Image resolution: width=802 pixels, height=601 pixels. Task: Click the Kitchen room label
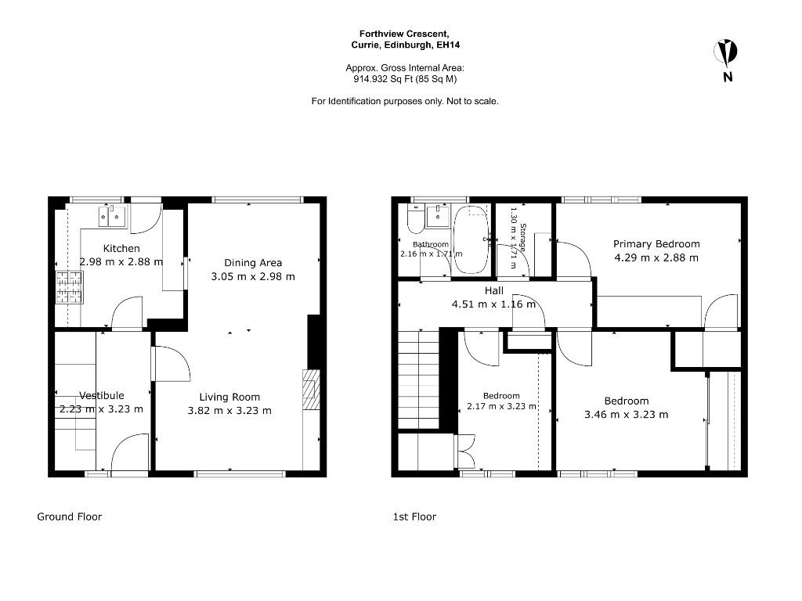pos(121,248)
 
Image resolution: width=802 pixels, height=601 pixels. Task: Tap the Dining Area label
pos(253,263)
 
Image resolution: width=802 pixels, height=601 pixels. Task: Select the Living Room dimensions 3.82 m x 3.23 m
pos(229,410)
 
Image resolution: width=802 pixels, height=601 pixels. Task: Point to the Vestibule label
pos(102,395)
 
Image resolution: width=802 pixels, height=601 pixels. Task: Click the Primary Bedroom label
pos(656,244)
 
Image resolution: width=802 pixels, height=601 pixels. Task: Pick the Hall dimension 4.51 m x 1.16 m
pos(493,304)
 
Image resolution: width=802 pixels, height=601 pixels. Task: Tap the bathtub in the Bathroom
pos(471,239)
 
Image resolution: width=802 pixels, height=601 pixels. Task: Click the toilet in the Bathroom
pos(414,219)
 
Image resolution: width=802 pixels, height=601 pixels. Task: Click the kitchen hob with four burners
pos(69,287)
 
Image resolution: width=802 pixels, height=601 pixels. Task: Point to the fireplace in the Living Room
pos(311,390)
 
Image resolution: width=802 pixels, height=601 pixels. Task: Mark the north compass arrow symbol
pos(726,52)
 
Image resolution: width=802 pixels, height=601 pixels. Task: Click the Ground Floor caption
pos(70,516)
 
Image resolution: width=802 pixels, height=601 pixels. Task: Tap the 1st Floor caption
pos(414,516)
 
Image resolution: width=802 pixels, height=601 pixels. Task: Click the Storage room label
pos(522,238)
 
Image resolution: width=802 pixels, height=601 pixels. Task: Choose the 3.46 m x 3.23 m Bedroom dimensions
pos(627,415)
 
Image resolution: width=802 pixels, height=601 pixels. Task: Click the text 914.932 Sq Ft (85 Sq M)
pos(405,79)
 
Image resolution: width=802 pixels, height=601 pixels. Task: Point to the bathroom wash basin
pos(438,216)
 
